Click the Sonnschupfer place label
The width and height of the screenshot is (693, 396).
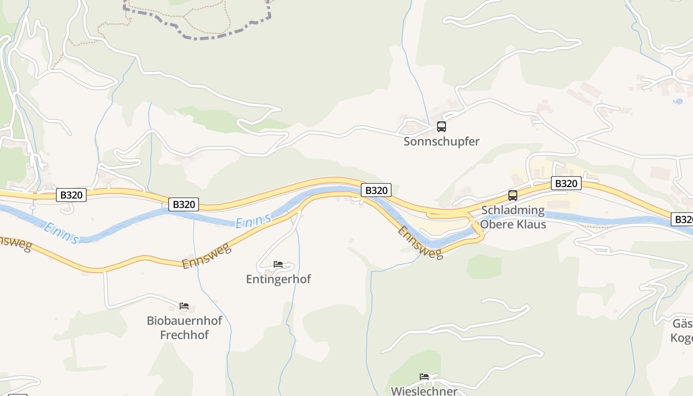(441, 141)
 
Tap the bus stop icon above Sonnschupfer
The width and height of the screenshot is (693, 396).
(441, 127)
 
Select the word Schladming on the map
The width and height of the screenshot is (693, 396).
(513, 210)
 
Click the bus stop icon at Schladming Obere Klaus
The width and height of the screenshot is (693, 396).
(512, 195)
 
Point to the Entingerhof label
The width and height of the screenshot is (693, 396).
(278, 279)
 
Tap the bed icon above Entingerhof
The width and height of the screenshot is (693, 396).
(278, 264)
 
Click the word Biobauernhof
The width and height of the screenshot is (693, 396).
(184, 320)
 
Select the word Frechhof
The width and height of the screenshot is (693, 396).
(184, 335)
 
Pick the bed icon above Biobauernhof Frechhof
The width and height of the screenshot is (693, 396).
(184, 306)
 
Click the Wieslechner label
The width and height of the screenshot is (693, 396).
(424, 391)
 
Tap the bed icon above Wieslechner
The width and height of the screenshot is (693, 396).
(424, 377)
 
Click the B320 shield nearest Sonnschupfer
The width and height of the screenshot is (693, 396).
(376, 190)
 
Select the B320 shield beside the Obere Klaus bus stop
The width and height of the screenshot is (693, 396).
(566, 184)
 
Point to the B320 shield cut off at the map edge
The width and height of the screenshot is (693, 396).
(683, 219)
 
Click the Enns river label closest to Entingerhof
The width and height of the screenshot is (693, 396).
(253, 221)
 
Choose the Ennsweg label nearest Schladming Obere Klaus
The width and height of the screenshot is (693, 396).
(420, 243)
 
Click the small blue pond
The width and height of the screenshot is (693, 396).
(678, 101)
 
